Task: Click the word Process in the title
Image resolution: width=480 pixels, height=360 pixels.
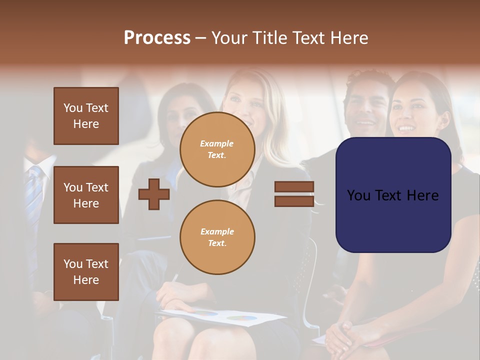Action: pos(157,37)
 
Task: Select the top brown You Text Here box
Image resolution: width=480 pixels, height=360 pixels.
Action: pos(86,116)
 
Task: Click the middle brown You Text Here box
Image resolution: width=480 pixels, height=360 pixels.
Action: pos(86,195)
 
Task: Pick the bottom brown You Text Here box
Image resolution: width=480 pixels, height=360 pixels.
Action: pos(86,271)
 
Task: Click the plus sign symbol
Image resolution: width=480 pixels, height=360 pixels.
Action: pos(154,194)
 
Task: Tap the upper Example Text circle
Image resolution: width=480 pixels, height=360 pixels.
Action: pos(217,149)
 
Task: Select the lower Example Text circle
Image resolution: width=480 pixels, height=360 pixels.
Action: pos(217,237)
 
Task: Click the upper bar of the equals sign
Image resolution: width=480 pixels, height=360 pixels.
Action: pos(294,187)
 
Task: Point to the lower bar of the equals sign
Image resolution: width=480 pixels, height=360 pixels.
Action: pos(294,201)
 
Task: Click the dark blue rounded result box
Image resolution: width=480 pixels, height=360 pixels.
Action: pos(393,195)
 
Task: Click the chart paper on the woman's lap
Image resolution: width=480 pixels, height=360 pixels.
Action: pos(220,316)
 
